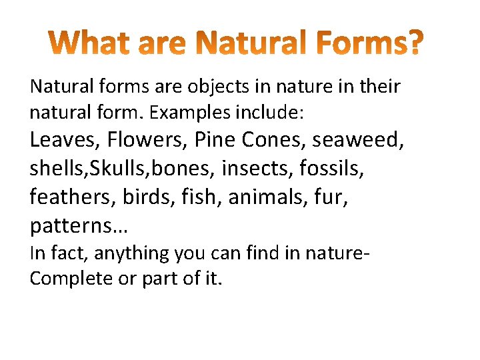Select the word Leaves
(x=64, y=139)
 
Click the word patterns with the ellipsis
(x=79, y=227)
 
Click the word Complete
(x=71, y=279)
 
